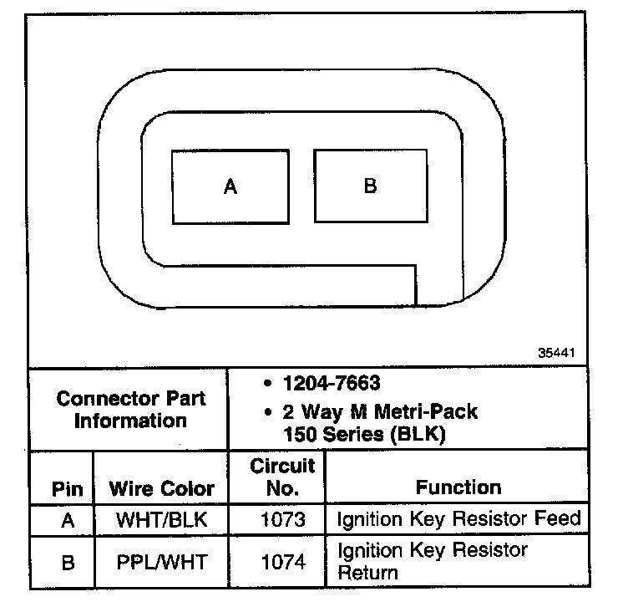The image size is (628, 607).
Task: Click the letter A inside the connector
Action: pos(230,186)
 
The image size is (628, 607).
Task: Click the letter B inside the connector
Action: pos(371,185)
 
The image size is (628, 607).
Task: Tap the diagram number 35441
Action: pos(557,352)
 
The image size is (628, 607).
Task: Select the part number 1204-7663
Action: pos(332,384)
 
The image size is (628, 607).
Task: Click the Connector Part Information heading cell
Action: pos(130,409)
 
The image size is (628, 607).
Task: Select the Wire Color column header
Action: pos(162,489)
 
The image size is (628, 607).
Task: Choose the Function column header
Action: pos(458,487)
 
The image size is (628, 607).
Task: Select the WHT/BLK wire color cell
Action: pos(162,520)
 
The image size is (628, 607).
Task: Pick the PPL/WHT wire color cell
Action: pos(162,562)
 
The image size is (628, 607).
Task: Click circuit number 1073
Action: pos(282,520)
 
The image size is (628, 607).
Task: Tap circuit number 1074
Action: pos(282,562)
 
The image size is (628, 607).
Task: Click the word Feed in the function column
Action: pos(559,518)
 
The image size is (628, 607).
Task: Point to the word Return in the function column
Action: pos(367,573)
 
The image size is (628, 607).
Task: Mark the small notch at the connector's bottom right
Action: pos(439,288)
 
